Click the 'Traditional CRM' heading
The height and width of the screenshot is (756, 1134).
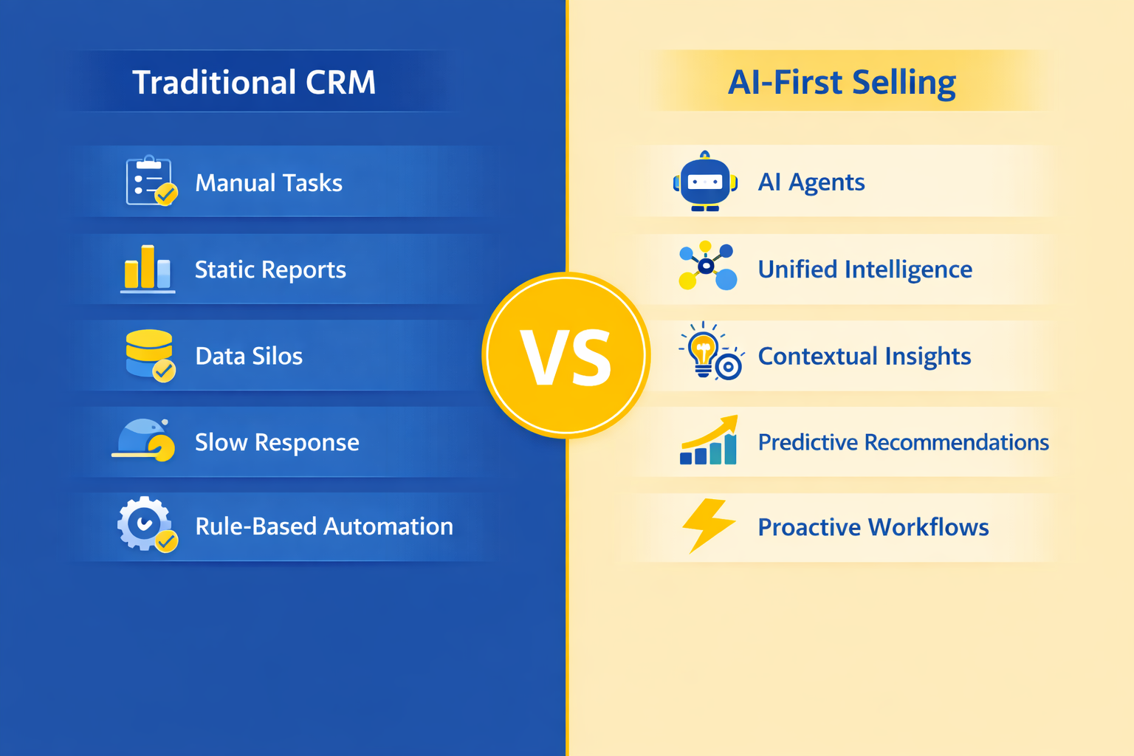(254, 82)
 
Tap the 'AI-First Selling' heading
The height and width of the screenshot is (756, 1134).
(842, 83)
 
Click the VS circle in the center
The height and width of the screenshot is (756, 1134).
(566, 355)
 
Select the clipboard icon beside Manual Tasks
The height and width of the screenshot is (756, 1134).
(151, 181)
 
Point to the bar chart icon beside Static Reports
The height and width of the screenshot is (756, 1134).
(148, 269)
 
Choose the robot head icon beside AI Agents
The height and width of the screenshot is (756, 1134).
(705, 181)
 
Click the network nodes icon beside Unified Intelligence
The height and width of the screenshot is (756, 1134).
(707, 266)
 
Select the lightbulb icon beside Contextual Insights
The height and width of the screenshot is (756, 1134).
(711, 351)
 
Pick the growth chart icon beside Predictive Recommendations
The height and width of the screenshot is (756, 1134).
(709, 440)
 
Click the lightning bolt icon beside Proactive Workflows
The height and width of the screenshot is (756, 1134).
(708, 526)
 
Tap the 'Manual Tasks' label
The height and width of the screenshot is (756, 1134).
(269, 183)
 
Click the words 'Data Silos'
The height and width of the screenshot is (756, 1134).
(249, 356)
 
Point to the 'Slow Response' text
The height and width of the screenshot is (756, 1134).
(277, 442)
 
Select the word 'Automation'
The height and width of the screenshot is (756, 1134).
(388, 526)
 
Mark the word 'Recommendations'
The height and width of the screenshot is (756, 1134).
(956, 442)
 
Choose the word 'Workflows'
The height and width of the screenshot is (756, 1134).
(929, 527)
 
